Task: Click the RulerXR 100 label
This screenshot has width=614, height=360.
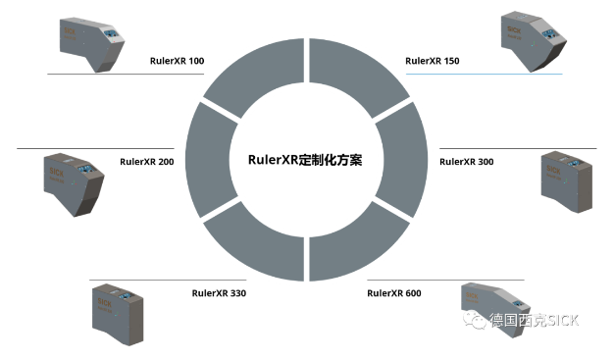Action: point(177,61)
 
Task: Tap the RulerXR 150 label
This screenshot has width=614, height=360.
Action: point(433,61)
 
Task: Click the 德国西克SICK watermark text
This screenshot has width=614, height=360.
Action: point(537,322)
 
